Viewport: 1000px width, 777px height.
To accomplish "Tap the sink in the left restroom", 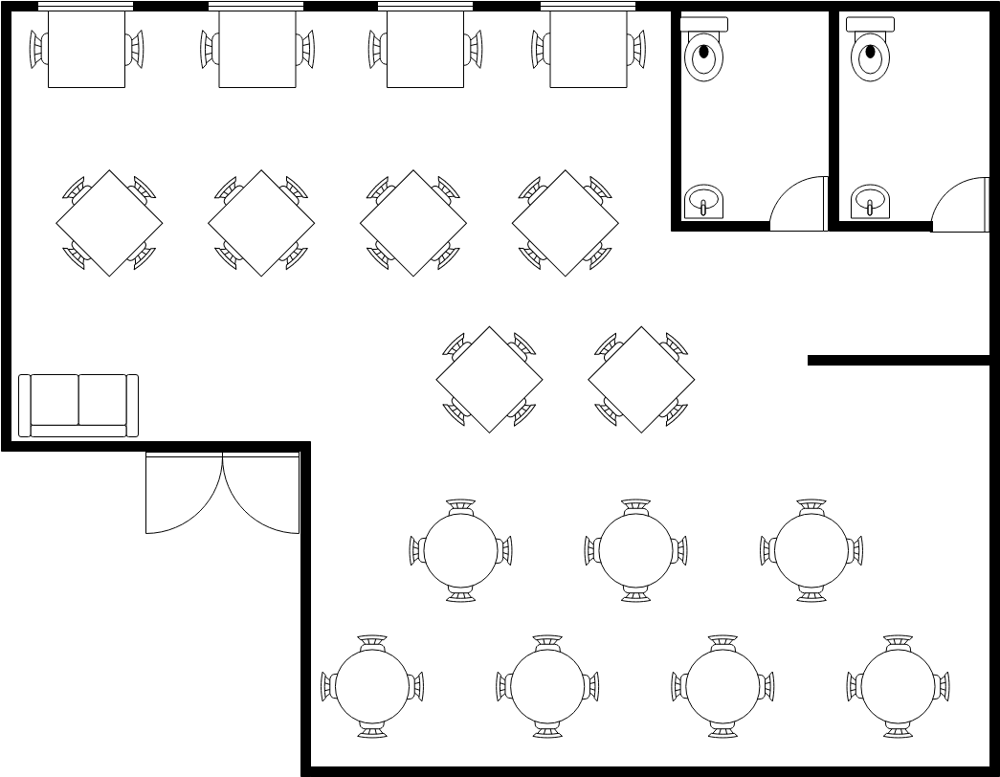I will click(x=703, y=202).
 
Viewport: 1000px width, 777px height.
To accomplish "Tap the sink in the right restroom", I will click(x=870, y=202).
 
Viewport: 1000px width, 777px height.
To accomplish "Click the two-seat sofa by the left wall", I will click(x=78, y=405).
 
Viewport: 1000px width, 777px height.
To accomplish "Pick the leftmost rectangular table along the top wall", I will click(x=86, y=48).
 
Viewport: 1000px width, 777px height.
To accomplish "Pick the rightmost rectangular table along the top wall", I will click(x=588, y=48).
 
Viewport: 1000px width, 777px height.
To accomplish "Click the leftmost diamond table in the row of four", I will click(x=109, y=223).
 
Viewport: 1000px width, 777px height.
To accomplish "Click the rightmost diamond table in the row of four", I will click(x=566, y=223).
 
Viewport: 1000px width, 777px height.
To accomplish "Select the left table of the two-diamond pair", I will click(x=489, y=379).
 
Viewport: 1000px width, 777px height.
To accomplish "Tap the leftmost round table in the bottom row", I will click(x=372, y=686).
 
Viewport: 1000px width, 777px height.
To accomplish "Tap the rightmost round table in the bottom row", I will click(x=898, y=686).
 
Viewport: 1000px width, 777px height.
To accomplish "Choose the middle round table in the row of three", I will click(x=636, y=550).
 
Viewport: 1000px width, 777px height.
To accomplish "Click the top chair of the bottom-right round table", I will click(x=898, y=642).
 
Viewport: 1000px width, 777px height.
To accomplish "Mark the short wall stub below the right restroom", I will click(x=898, y=361).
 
